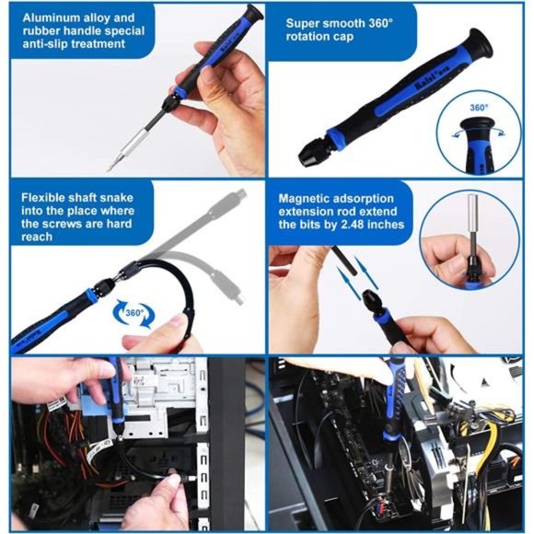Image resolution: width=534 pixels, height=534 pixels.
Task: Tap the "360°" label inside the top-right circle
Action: pos(478,108)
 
